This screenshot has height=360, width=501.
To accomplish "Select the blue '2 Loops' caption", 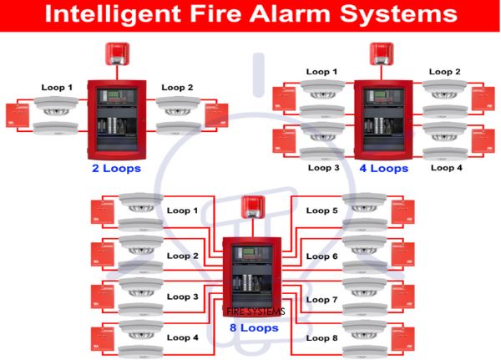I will tap(116, 168).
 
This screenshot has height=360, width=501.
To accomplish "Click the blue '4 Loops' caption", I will tap(383, 168).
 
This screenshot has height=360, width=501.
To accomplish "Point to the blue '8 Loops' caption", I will tap(254, 328).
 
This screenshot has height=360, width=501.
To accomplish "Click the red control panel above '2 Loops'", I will tap(118, 118).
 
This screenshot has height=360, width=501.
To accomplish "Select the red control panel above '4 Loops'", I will tap(383, 118).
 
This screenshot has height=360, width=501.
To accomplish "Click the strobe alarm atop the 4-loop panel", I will tap(383, 54).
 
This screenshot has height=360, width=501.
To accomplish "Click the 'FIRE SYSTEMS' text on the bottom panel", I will tap(256, 312).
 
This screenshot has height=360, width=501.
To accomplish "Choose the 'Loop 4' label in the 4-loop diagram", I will tap(447, 168).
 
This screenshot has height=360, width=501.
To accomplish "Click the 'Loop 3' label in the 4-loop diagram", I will tap(323, 168).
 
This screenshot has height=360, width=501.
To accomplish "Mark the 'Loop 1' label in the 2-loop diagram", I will tap(57, 87).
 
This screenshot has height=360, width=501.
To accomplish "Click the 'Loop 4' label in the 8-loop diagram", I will tap(183, 337).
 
